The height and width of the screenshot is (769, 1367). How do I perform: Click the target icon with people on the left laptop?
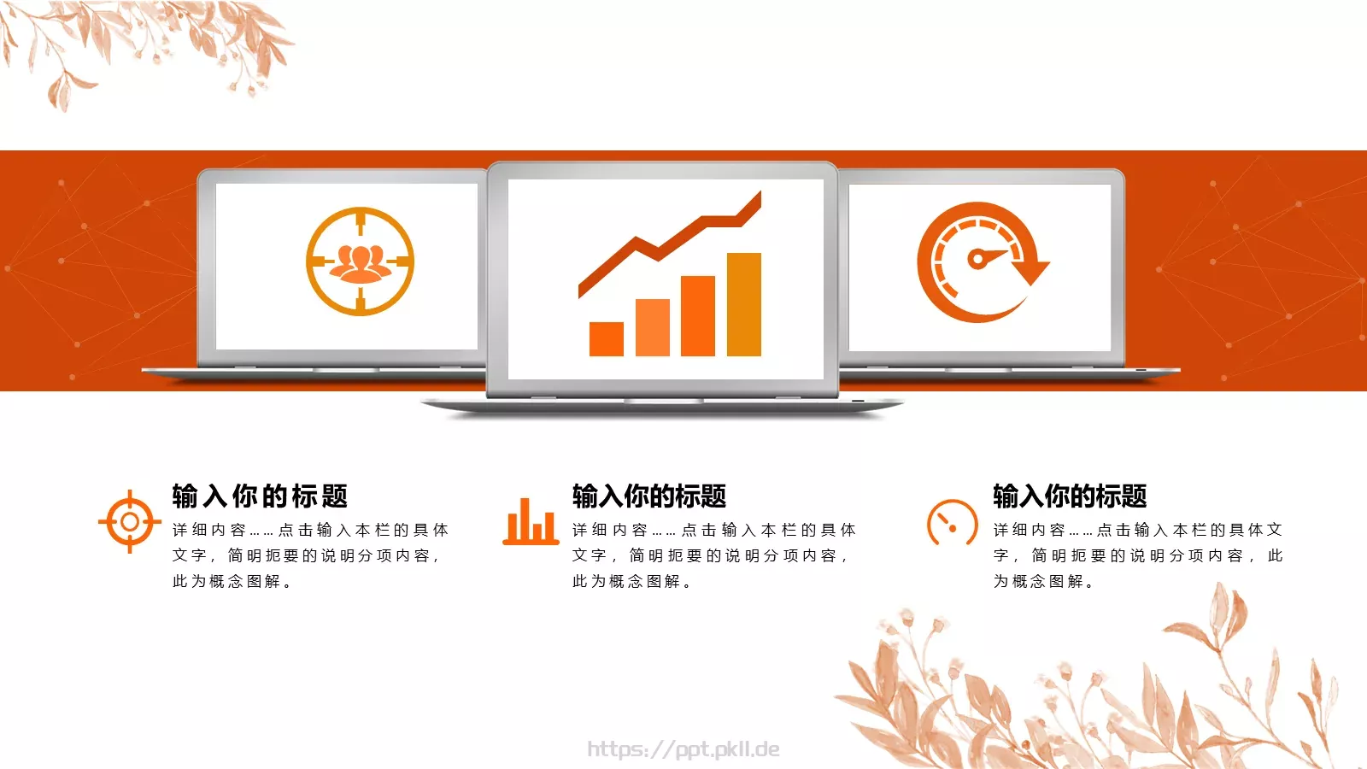click(x=360, y=261)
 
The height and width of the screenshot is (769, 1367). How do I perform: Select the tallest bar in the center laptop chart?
click(x=743, y=304)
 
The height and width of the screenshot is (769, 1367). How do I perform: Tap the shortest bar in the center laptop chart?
click(x=607, y=338)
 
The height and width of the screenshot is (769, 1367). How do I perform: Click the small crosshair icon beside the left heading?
click(x=129, y=521)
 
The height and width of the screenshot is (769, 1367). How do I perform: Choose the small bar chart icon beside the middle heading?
click(x=531, y=521)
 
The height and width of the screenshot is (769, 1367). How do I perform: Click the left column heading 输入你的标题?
click(x=260, y=496)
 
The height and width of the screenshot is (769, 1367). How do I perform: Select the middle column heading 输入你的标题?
click(x=649, y=496)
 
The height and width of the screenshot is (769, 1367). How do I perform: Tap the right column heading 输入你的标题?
click(x=1070, y=496)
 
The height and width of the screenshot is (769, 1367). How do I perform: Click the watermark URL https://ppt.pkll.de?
click(x=683, y=749)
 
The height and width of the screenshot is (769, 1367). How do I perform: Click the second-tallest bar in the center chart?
click(x=698, y=315)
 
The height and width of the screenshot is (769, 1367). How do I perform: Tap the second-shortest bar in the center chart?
click(x=653, y=327)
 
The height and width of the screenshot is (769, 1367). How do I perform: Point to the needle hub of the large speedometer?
click(x=976, y=259)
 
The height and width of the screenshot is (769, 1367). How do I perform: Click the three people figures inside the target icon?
click(x=360, y=262)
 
